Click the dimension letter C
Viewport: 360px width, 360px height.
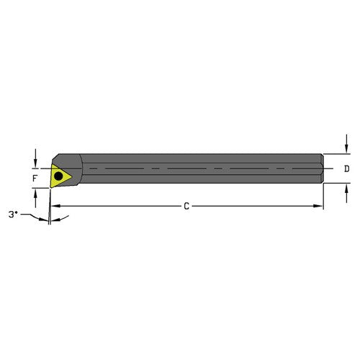(186, 207)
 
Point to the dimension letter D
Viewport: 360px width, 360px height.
(346, 169)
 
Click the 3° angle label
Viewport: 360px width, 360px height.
(13, 215)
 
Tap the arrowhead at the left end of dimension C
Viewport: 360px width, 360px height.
(54, 207)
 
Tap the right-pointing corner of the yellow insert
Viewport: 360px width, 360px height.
(72, 174)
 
